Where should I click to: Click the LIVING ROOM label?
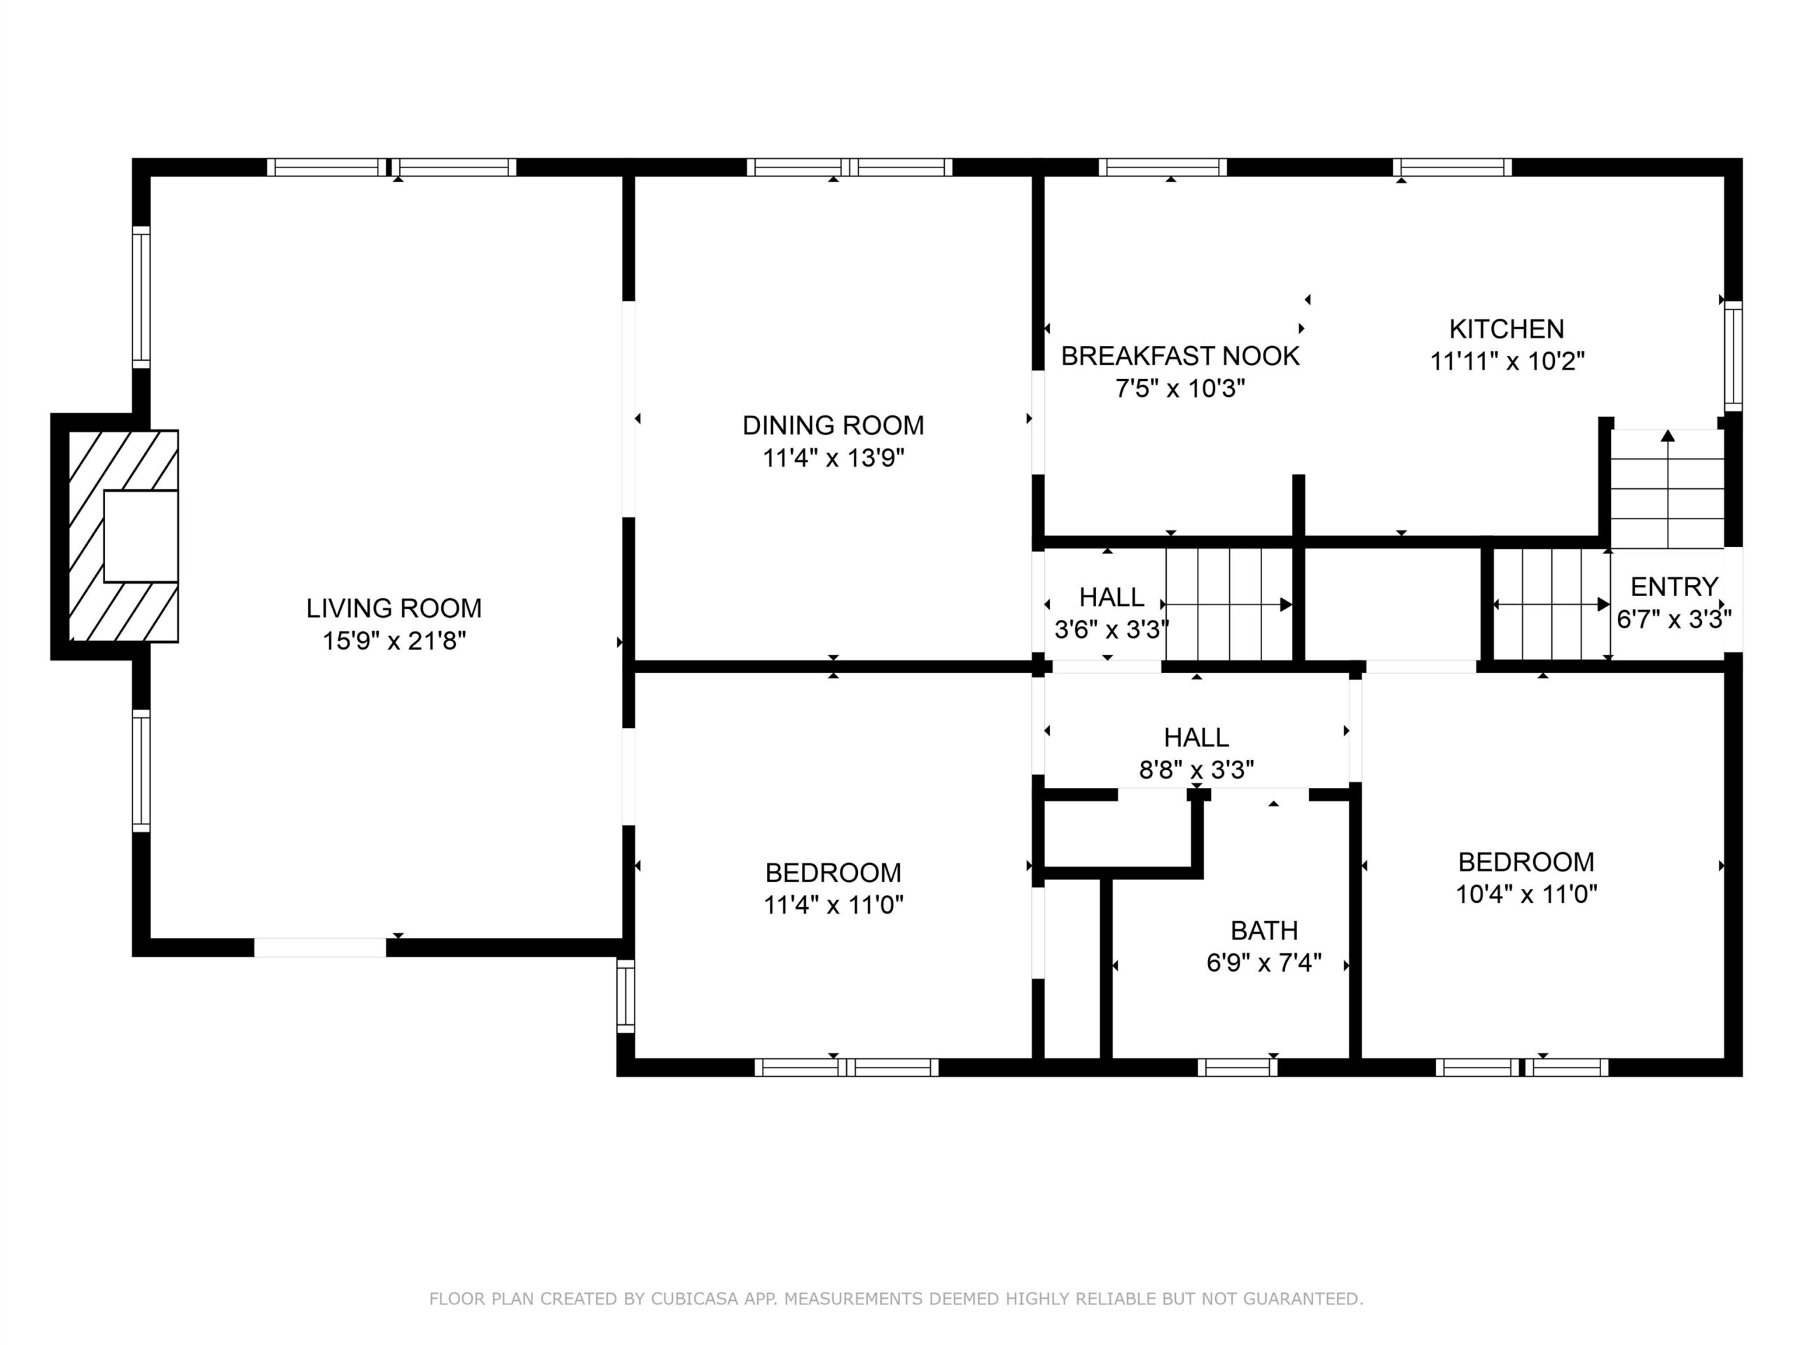(394, 608)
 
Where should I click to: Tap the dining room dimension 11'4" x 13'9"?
(833, 458)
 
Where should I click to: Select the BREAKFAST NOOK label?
(1180, 356)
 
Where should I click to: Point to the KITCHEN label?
(1507, 329)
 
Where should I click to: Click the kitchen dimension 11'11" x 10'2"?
(1507, 361)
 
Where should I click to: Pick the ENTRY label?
(1674, 586)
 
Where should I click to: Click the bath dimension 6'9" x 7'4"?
(1264, 963)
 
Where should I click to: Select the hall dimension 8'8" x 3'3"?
(1196, 769)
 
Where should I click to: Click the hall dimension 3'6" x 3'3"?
(1112, 629)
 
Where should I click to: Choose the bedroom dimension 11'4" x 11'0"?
(833, 905)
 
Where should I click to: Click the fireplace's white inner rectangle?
(141, 536)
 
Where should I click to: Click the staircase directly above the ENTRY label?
(1666, 489)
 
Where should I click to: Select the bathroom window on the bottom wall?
(1237, 1068)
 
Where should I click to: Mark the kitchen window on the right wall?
(1732, 356)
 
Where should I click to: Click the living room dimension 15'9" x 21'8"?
(394, 641)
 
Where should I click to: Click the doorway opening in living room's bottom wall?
(320, 948)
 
